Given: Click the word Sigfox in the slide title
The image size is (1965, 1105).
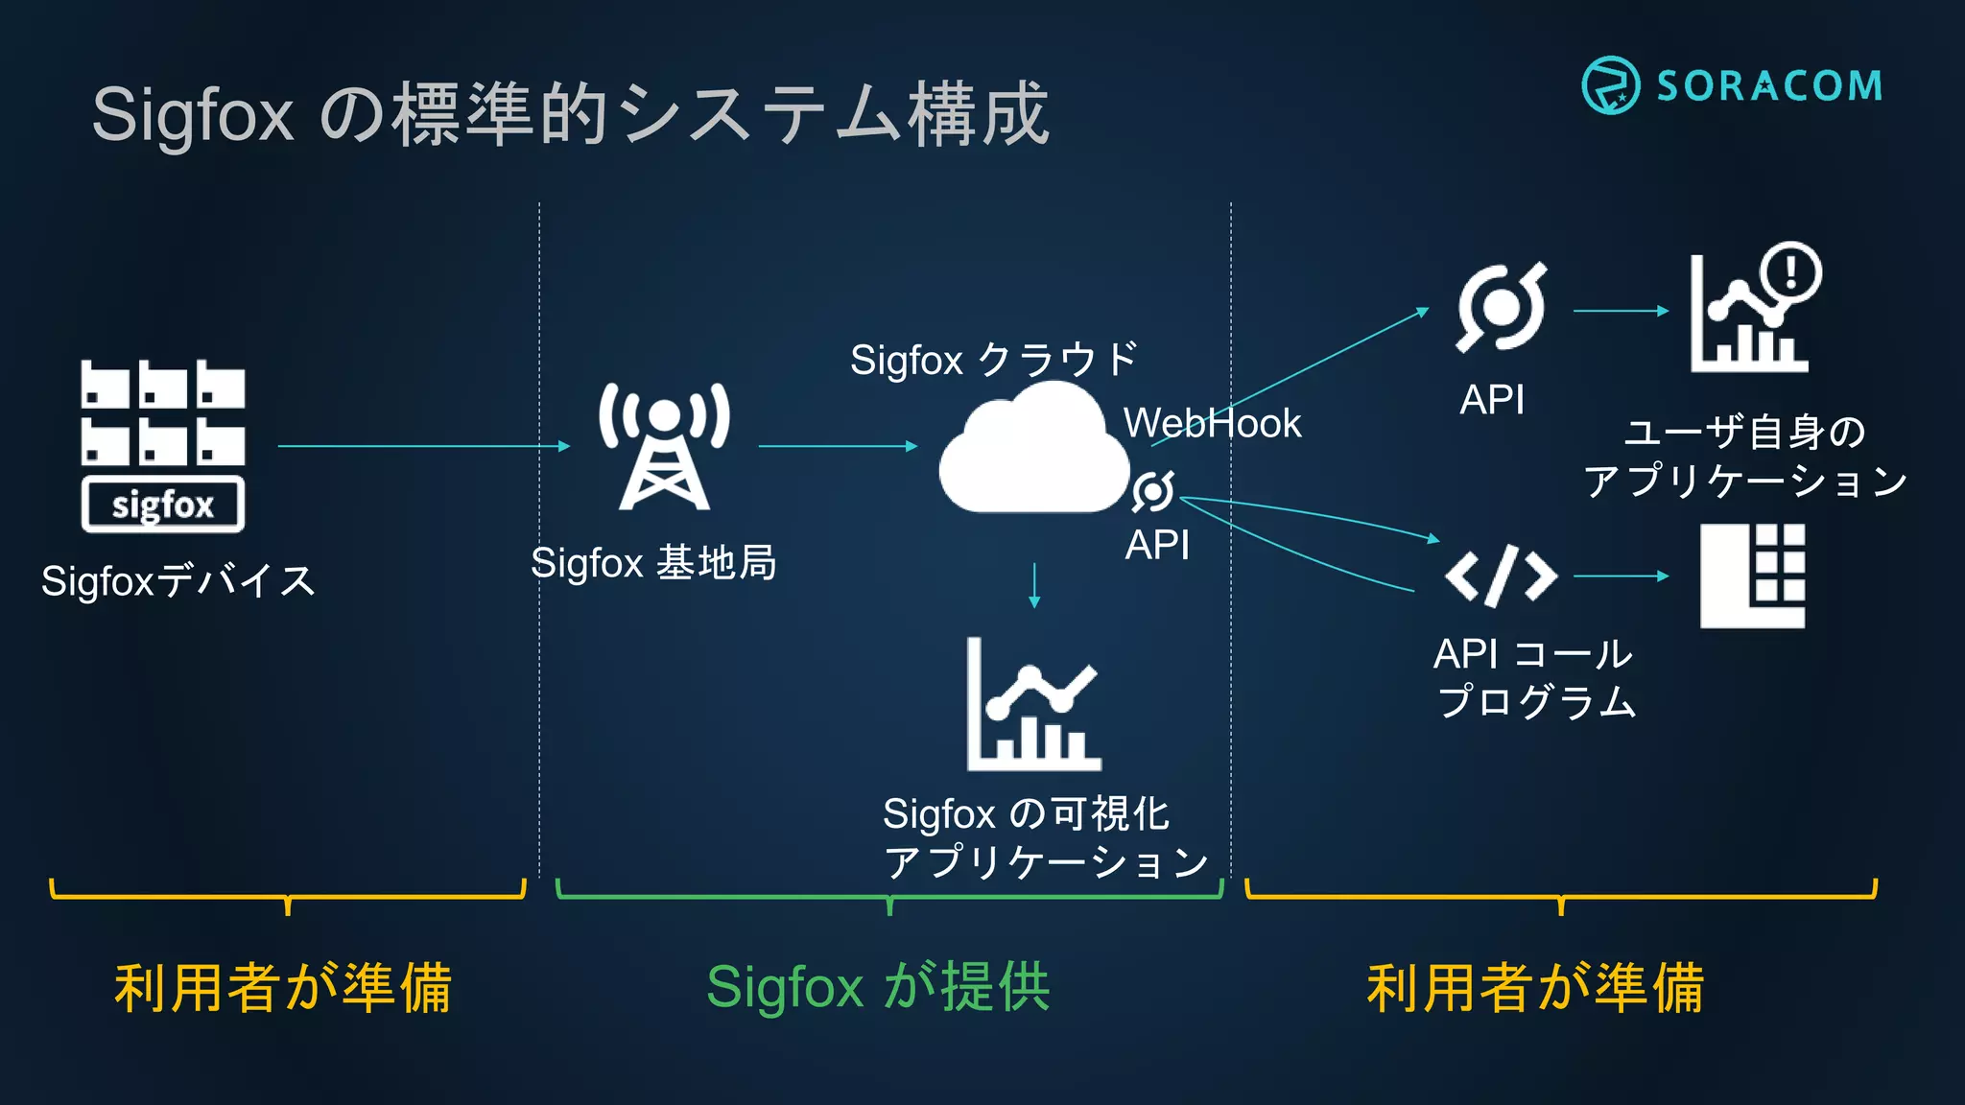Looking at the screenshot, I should pos(192,115).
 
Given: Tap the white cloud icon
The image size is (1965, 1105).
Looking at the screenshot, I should pos(1031,451).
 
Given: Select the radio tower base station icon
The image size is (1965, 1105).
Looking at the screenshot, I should pos(664,446).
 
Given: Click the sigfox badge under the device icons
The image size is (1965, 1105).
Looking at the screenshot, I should pos(163,505).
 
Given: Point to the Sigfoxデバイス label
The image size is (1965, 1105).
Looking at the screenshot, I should pos(178,581).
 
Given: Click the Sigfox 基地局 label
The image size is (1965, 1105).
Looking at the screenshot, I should pos(653,563).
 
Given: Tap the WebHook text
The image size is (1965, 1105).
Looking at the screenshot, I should pos(1212,423).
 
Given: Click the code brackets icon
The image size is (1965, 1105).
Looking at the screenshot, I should pos(1501,576).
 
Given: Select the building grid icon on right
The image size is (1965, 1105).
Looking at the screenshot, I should pos(1752,576).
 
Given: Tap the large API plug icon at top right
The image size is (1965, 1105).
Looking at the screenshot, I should pos(1501,307).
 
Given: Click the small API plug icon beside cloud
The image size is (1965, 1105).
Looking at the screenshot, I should pos(1152,491).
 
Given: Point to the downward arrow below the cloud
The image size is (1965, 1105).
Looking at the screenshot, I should pos(1034,585).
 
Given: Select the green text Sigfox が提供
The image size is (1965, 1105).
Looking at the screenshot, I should pos(878,987).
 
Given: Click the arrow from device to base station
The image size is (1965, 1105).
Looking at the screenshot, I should pos(422,446).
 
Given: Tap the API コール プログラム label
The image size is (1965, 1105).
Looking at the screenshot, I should pos(1533,677).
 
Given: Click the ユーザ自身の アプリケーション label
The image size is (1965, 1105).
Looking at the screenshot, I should pos(1744,457).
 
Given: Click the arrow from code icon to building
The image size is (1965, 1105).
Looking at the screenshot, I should pos(1622,576).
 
